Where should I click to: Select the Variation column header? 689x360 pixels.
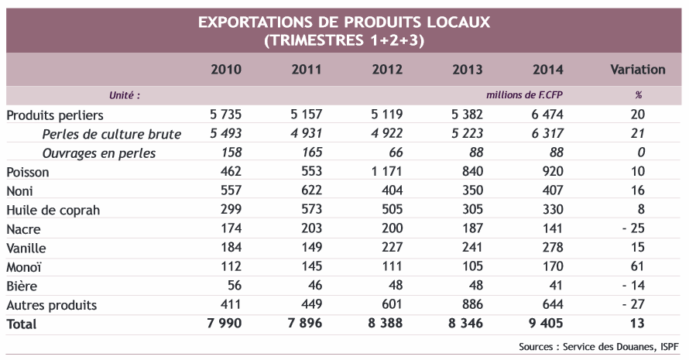(637, 70)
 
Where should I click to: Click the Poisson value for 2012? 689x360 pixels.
(387, 172)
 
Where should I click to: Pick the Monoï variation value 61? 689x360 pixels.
(638, 267)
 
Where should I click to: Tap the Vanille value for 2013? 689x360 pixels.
(467, 248)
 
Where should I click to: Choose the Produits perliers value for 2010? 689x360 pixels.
(225, 115)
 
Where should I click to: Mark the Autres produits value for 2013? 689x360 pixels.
(467, 305)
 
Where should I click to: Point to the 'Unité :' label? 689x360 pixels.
(123, 95)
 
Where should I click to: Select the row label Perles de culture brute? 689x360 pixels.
(111, 134)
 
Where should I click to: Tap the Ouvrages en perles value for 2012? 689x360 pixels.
(392, 153)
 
